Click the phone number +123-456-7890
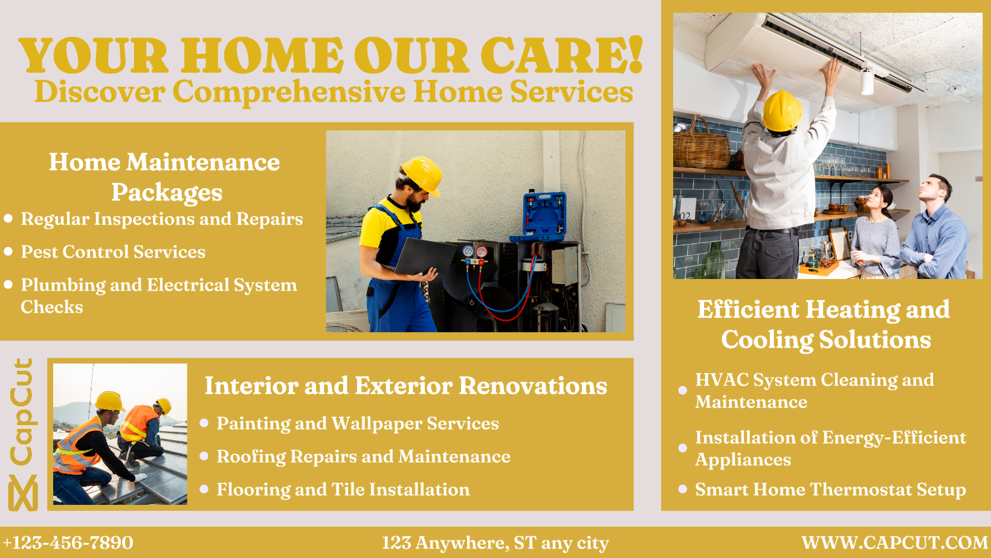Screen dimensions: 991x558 [68, 543]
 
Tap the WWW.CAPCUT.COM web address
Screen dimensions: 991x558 [894, 543]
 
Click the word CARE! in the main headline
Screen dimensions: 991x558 [562, 55]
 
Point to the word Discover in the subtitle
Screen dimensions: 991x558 [100, 92]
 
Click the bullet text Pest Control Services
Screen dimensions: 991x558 [113, 252]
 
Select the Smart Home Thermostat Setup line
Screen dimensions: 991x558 [830, 490]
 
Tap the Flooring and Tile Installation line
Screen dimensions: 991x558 [343, 490]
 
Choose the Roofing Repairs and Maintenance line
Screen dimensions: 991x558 [363, 457]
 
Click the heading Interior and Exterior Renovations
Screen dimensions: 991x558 [405, 385]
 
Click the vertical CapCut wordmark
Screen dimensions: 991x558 [23, 412]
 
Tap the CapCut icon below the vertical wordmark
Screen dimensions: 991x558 [23, 493]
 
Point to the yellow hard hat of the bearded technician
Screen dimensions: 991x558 [422, 175]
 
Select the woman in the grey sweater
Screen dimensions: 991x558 [874, 234]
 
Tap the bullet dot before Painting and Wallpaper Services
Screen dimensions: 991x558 [204, 423]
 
